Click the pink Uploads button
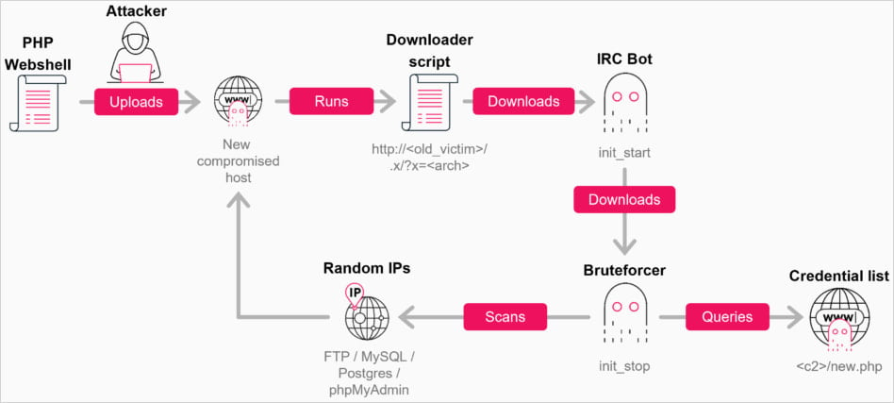coord(136,101)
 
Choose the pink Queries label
coord(727,316)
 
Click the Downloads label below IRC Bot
coord(623,199)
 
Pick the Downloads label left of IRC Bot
coord(523,101)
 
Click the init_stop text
coord(624,364)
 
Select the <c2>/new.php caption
coord(837,364)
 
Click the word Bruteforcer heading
coord(624,271)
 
